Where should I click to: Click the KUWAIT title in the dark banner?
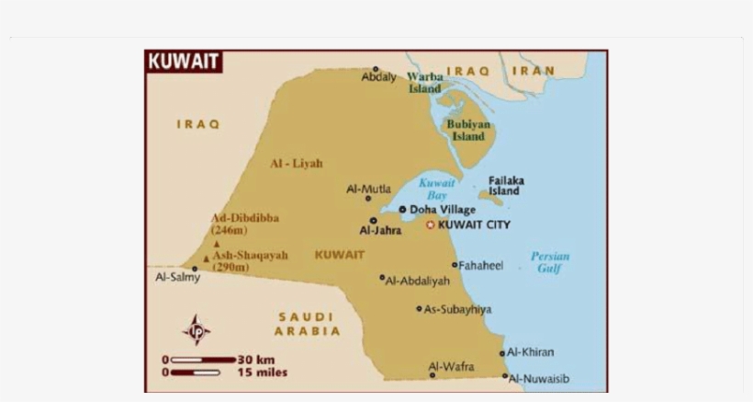pyautogui.click(x=183, y=63)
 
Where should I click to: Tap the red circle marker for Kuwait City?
pyautogui.click(x=430, y=224)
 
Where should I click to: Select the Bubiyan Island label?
pyautogui.click(x=468, y=130)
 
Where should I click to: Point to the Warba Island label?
pyautogui.click(x=424, y=83)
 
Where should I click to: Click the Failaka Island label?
pyautogui.click(x=505, y=186)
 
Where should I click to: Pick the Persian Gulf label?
pyautogui.click(x=549, y=262)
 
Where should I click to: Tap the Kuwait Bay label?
pyautogui.click(x=437, y=189)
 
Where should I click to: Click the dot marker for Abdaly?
pyautogui.click(x=376, y=69)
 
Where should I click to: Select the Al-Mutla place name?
pyautogui.click(x=365, y=189)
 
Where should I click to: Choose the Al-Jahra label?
pyautogui.click(x=380, y=231)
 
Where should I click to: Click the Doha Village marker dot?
pyautogui.click(x=402, y=210)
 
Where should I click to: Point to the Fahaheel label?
pyautogui.click(x=481, y=265)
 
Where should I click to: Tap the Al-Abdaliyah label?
pyautogui.click(x=418, y=281)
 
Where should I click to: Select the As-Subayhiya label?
pyautogui.click(x=457, y=310)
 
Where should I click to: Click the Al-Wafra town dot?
pyautogui.click(x=432, y=374)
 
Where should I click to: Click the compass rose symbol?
pyautogui.click(x=196, y=329)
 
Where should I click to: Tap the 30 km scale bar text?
pyautogui.click(x=256, y=360)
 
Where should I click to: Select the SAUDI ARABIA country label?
pyautogui.click(x=309, y=324)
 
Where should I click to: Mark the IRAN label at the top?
pyautogui.click(x=534, y=71)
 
